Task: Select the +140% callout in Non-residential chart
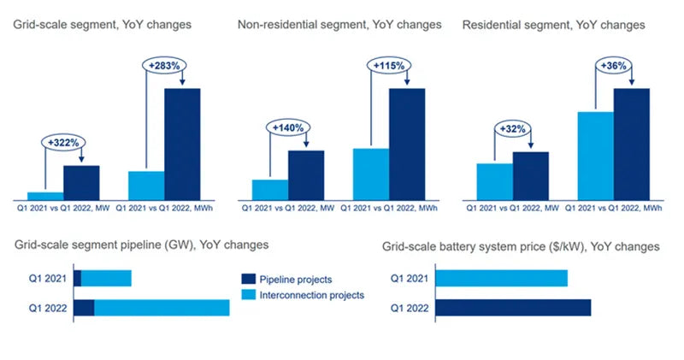coord(288,127)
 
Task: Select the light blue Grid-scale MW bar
coord(45,195)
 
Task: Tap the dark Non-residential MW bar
coord(306,174)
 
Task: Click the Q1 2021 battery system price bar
coord(501,278)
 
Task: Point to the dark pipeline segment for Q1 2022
coord(84,308)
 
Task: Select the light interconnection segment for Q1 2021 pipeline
coord(106,278)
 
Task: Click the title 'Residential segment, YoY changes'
coord(553,25)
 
